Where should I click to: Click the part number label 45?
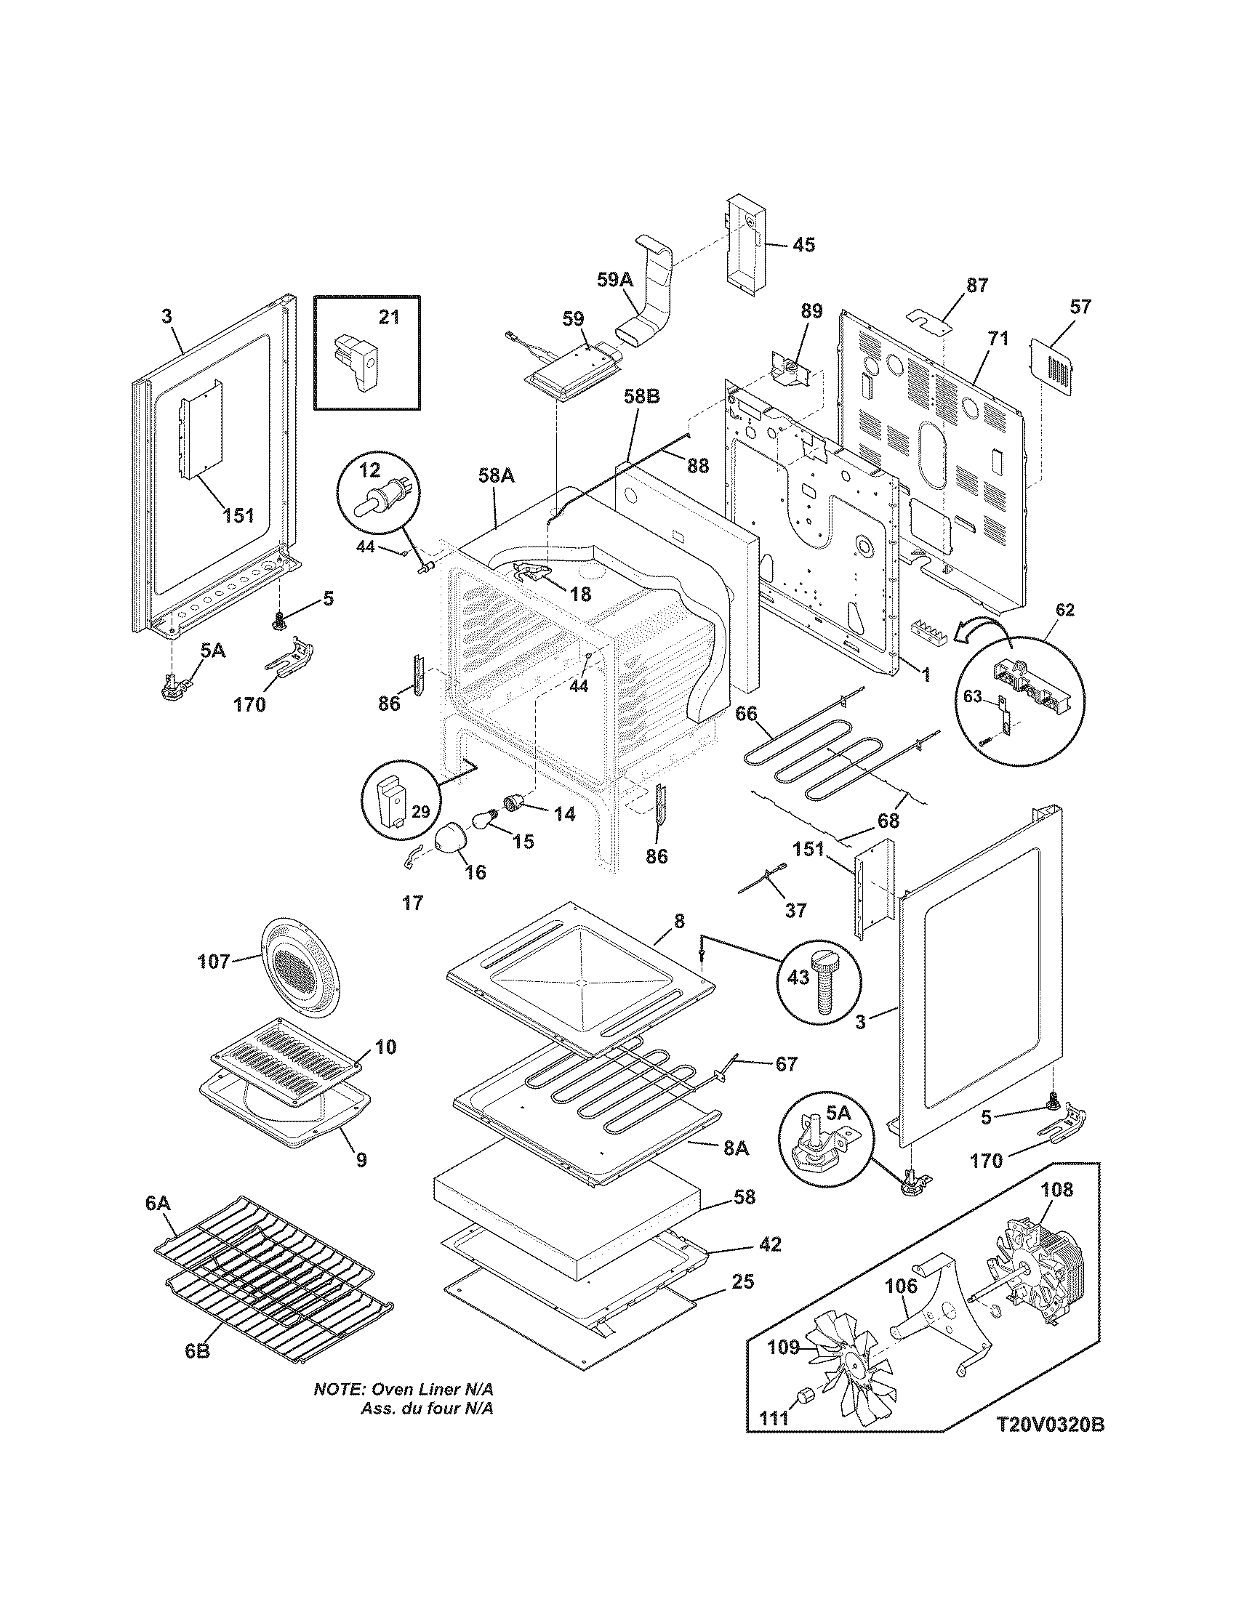(x=803, y=244)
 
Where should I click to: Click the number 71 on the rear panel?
(x=998, y=338)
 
